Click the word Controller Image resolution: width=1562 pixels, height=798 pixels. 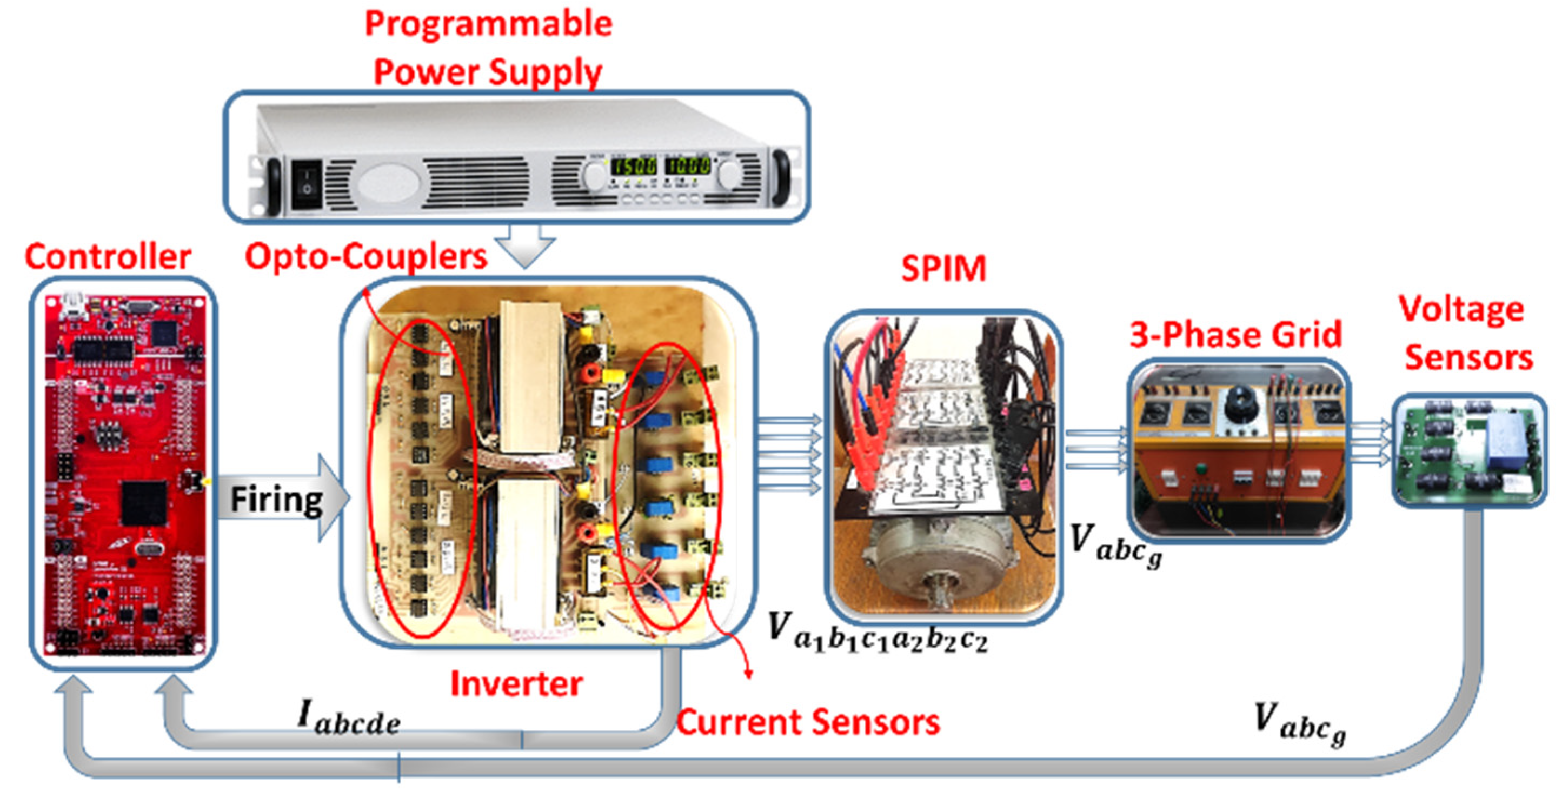click(x=108, y=257)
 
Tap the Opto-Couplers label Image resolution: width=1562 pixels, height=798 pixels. click(x=365, y=257)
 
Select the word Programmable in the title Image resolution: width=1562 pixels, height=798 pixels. click(x=488, y=24)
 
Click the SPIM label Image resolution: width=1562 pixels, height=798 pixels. click(x=943, y=269)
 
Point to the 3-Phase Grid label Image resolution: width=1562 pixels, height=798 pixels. click(x=1235, y=335)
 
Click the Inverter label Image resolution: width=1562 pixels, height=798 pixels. click(x=516, y=684)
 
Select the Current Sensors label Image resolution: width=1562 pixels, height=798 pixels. click(x=808, y=723)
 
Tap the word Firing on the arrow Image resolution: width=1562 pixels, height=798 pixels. click(x=276, y=500)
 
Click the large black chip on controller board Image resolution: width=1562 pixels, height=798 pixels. click(x=144, y=502)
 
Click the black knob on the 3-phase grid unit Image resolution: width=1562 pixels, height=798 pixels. click(x=1239, y=400)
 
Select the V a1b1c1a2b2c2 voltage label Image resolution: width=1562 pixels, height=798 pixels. click(x=877, y=633)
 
